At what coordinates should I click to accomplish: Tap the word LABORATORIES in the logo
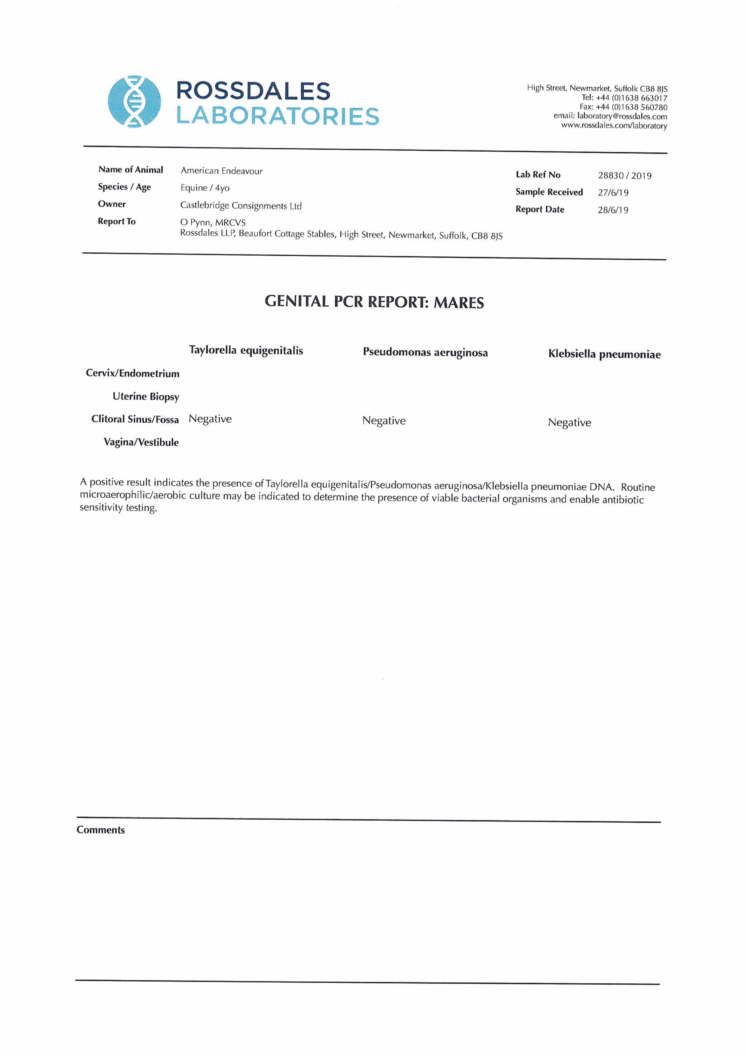pyautogui.click(x=278, y=116)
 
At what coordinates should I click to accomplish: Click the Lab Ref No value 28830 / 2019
pyautogui.click(x=625, y=175)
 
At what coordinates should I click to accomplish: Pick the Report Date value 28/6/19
pyautogui.click(x=613, y=210)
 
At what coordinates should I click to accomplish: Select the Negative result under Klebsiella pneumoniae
pyautogui.click(x=569, y=423)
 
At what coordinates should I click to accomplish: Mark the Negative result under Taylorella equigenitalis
pyautogui.click(x=210, y=419)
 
